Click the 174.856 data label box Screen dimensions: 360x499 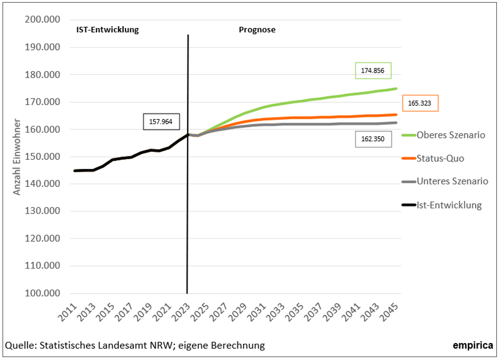[373, 71]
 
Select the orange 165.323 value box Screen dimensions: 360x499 [420, 103]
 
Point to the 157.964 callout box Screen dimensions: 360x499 [161, 122]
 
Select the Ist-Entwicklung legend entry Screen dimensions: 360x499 [449, 205]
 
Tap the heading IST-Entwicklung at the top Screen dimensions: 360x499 [107, 30]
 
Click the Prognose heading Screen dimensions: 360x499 [257, 30]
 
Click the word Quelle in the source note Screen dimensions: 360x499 [19, 346]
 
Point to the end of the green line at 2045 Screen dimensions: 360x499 [396, 89]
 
